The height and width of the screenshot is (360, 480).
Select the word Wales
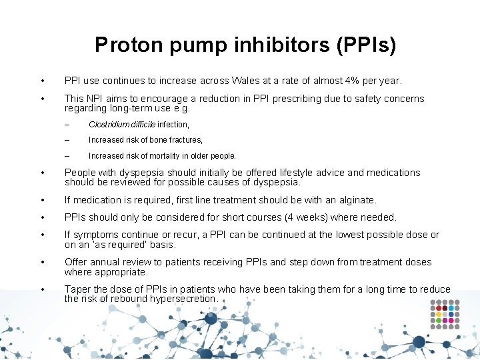247,81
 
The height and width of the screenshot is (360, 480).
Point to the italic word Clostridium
111,124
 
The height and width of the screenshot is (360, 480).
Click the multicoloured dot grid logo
445,314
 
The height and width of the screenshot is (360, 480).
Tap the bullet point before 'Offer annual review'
43,262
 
